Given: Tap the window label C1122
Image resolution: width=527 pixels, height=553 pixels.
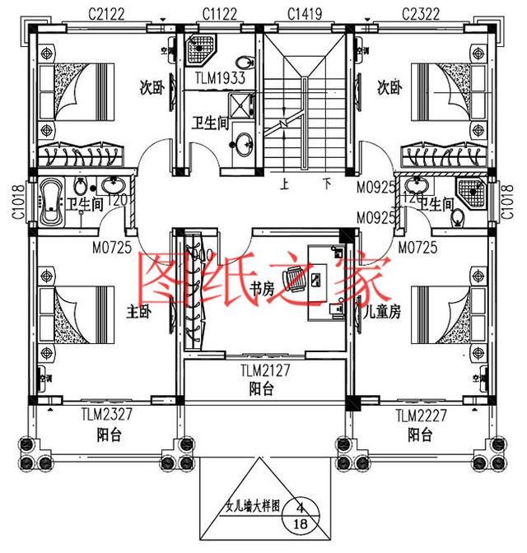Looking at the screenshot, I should (x=221, y=13).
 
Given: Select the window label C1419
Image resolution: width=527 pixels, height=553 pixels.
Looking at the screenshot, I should (x=305, y=13).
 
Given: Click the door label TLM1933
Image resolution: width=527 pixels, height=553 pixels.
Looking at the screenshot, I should (x=217, y=79).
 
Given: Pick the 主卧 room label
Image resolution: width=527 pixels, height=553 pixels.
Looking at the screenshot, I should (x=138, y=312).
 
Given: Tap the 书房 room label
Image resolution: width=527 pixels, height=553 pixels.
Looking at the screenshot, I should (x=262, y=289).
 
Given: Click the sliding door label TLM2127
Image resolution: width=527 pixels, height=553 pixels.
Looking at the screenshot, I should (x=263, y=370).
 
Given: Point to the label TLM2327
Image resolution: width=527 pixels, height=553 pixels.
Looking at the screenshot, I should (x=108, y=416).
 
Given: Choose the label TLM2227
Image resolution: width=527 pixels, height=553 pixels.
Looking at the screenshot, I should (x=421, y=416).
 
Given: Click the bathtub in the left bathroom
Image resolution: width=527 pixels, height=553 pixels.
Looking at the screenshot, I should (x=50, y=204).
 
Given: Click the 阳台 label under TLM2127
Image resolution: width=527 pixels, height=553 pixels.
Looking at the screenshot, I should (x=262, y=388).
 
